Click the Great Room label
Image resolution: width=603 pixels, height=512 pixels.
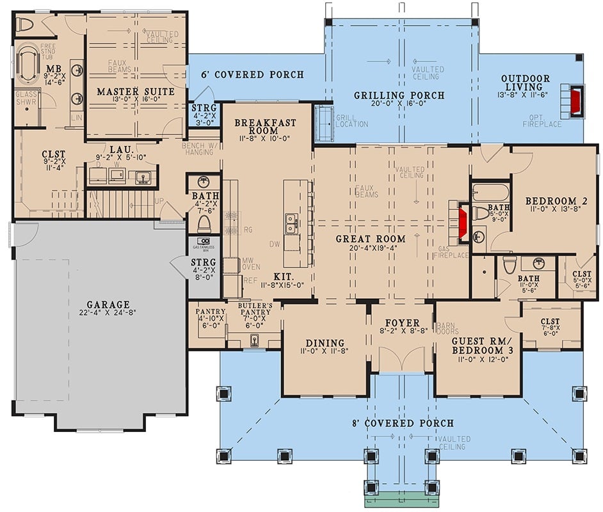pyautogui.click(x=371, y=239)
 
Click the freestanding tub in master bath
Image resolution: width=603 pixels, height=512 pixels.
pyautogui.click(x=28, y=64)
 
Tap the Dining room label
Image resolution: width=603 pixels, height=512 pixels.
pyautogui.click(x=325, y=343)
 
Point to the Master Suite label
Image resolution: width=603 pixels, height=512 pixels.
pyautogui.click(x=136, y=92)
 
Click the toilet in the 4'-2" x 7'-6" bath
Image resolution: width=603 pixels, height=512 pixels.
pyautogui.click(x=204, y=223)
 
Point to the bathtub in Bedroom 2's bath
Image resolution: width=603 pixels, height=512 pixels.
pyautogui.click(x=490, y=193)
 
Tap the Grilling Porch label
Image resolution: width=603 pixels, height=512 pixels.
pyautogui.click(x=399, y=96)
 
